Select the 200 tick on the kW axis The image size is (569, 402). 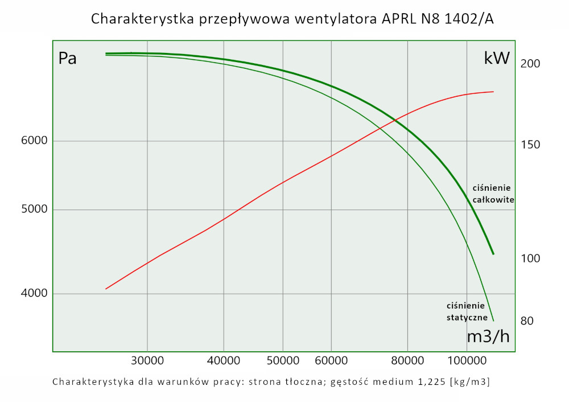530,64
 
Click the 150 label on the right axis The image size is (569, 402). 530,145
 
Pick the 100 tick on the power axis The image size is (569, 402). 530,259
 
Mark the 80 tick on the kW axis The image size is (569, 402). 527,321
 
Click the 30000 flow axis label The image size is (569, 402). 147,360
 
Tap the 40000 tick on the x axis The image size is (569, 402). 224,360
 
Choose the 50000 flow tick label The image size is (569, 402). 283,360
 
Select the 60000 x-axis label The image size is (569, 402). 331,360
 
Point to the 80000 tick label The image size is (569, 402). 407,360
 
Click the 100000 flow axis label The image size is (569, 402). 467,360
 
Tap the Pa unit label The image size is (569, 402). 68,59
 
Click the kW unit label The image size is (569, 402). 496,58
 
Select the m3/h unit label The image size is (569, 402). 488,337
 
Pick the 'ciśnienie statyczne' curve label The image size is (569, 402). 467,311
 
